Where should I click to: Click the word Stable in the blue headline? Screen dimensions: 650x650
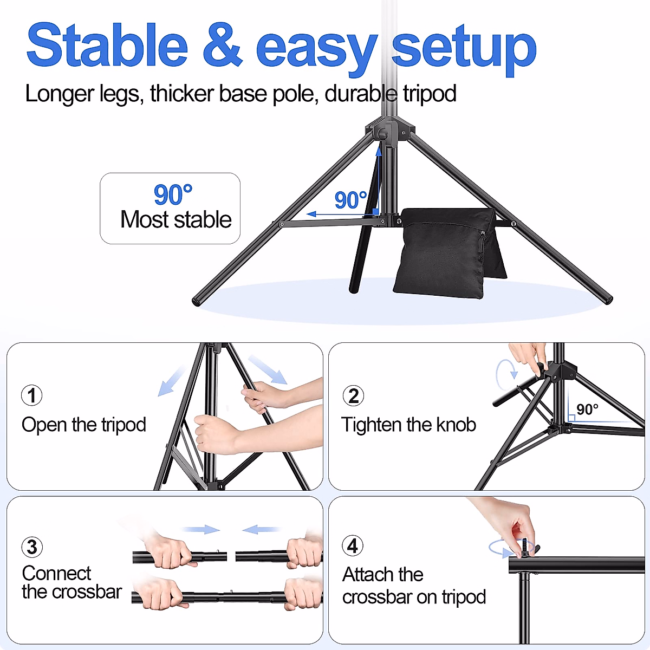click(x=107, y=45)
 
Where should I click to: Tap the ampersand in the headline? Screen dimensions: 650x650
click(x=222, y=45)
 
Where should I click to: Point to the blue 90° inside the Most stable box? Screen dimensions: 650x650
click(x=173, y=194)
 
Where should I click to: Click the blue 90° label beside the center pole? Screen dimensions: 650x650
click(x=350, y=200)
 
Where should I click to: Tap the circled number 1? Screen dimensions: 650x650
click(x=31, y=395)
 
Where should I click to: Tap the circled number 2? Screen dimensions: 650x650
click(x=353, y=396)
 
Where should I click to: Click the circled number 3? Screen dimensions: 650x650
click(x=32, y=547)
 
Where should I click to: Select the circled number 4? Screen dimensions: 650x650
click(x=353, y=546)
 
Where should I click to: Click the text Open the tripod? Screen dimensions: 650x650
click(x=84, y=425)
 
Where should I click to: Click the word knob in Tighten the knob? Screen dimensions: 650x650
click(x=456, y=425)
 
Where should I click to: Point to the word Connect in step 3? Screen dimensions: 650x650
click(x=56, y=573)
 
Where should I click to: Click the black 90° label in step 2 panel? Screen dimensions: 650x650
click(x=587, y=409)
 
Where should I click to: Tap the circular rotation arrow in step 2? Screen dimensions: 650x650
click(x=507, y=374)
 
